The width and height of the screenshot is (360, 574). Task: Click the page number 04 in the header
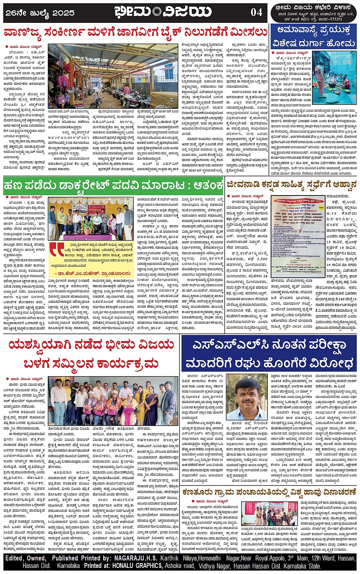click(x=256, y=12)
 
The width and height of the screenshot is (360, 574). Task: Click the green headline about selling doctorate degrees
click(x=113, y=185)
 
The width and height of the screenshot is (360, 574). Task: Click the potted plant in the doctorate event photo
click(x=88, y=226)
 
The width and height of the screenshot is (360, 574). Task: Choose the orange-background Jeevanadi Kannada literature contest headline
click(x=291, y=184)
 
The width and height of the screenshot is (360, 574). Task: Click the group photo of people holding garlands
click(x=113, y=401)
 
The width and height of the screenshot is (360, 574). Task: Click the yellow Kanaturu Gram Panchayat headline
click(x=269, y=492)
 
